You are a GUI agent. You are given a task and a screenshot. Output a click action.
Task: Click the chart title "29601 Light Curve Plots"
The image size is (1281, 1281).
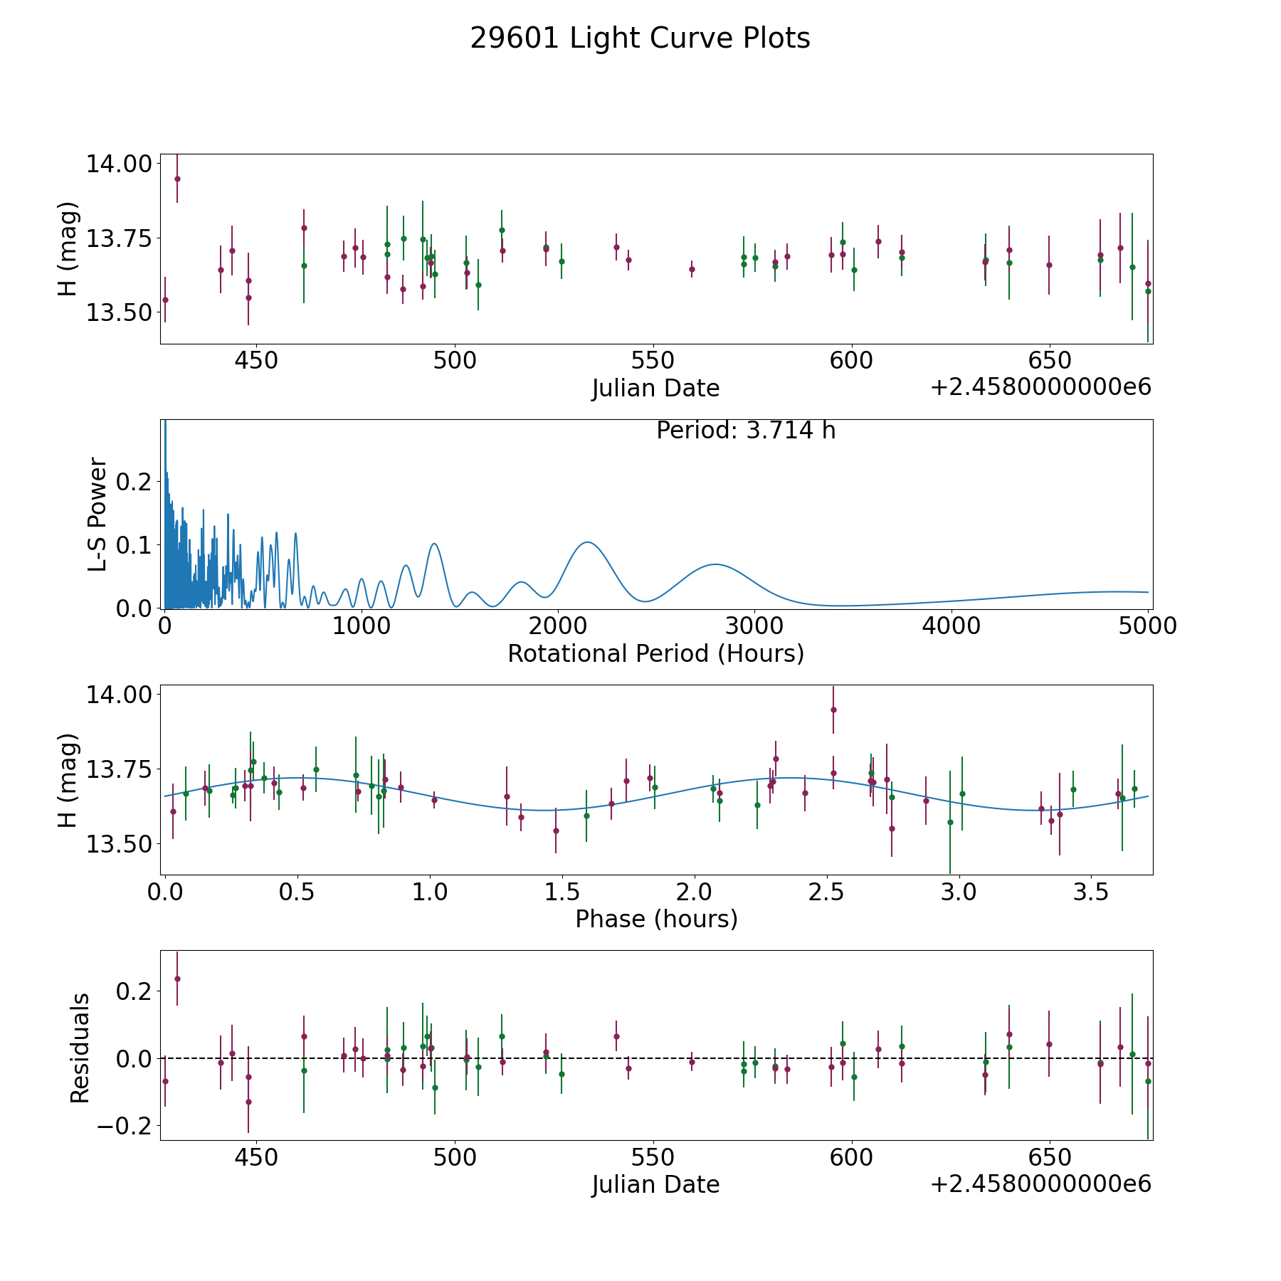(640, 38)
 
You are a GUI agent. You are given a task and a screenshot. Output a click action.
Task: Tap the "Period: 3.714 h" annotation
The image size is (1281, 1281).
(746, 431)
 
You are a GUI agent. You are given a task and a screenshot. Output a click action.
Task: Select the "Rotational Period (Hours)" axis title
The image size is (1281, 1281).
(655, 653)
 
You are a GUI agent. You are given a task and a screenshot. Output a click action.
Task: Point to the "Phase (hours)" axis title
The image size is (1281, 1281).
(656, 919)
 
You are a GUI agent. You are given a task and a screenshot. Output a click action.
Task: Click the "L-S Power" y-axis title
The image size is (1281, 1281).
(98, 515)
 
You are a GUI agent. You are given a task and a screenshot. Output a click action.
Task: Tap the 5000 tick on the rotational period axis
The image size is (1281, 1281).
(1148, 626)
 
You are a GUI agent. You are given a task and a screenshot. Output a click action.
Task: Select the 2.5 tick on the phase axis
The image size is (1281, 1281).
(826, 892)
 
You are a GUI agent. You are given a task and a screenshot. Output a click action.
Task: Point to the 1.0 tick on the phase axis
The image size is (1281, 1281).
(430, 892)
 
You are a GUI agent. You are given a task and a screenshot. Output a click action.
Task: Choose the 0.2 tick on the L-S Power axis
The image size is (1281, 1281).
(135, 482)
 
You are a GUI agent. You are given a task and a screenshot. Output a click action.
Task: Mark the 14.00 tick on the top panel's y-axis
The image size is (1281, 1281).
(119, 164)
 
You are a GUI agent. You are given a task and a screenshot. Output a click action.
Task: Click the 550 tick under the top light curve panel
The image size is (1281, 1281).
(653, 361)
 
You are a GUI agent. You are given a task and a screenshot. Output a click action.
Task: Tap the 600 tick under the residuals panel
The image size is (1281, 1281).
(851, 1158)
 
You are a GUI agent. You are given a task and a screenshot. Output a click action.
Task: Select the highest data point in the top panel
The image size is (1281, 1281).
(177, 179)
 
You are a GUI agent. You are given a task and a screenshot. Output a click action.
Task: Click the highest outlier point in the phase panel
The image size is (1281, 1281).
(833, 710)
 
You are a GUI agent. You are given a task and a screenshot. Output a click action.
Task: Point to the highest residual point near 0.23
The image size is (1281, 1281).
(177, 979)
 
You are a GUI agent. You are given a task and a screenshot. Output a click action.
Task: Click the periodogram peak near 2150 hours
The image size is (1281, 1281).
(588, 542)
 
